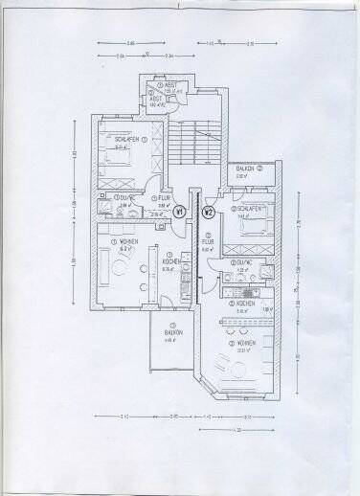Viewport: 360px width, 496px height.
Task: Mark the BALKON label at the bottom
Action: click(x=171, y=332)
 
